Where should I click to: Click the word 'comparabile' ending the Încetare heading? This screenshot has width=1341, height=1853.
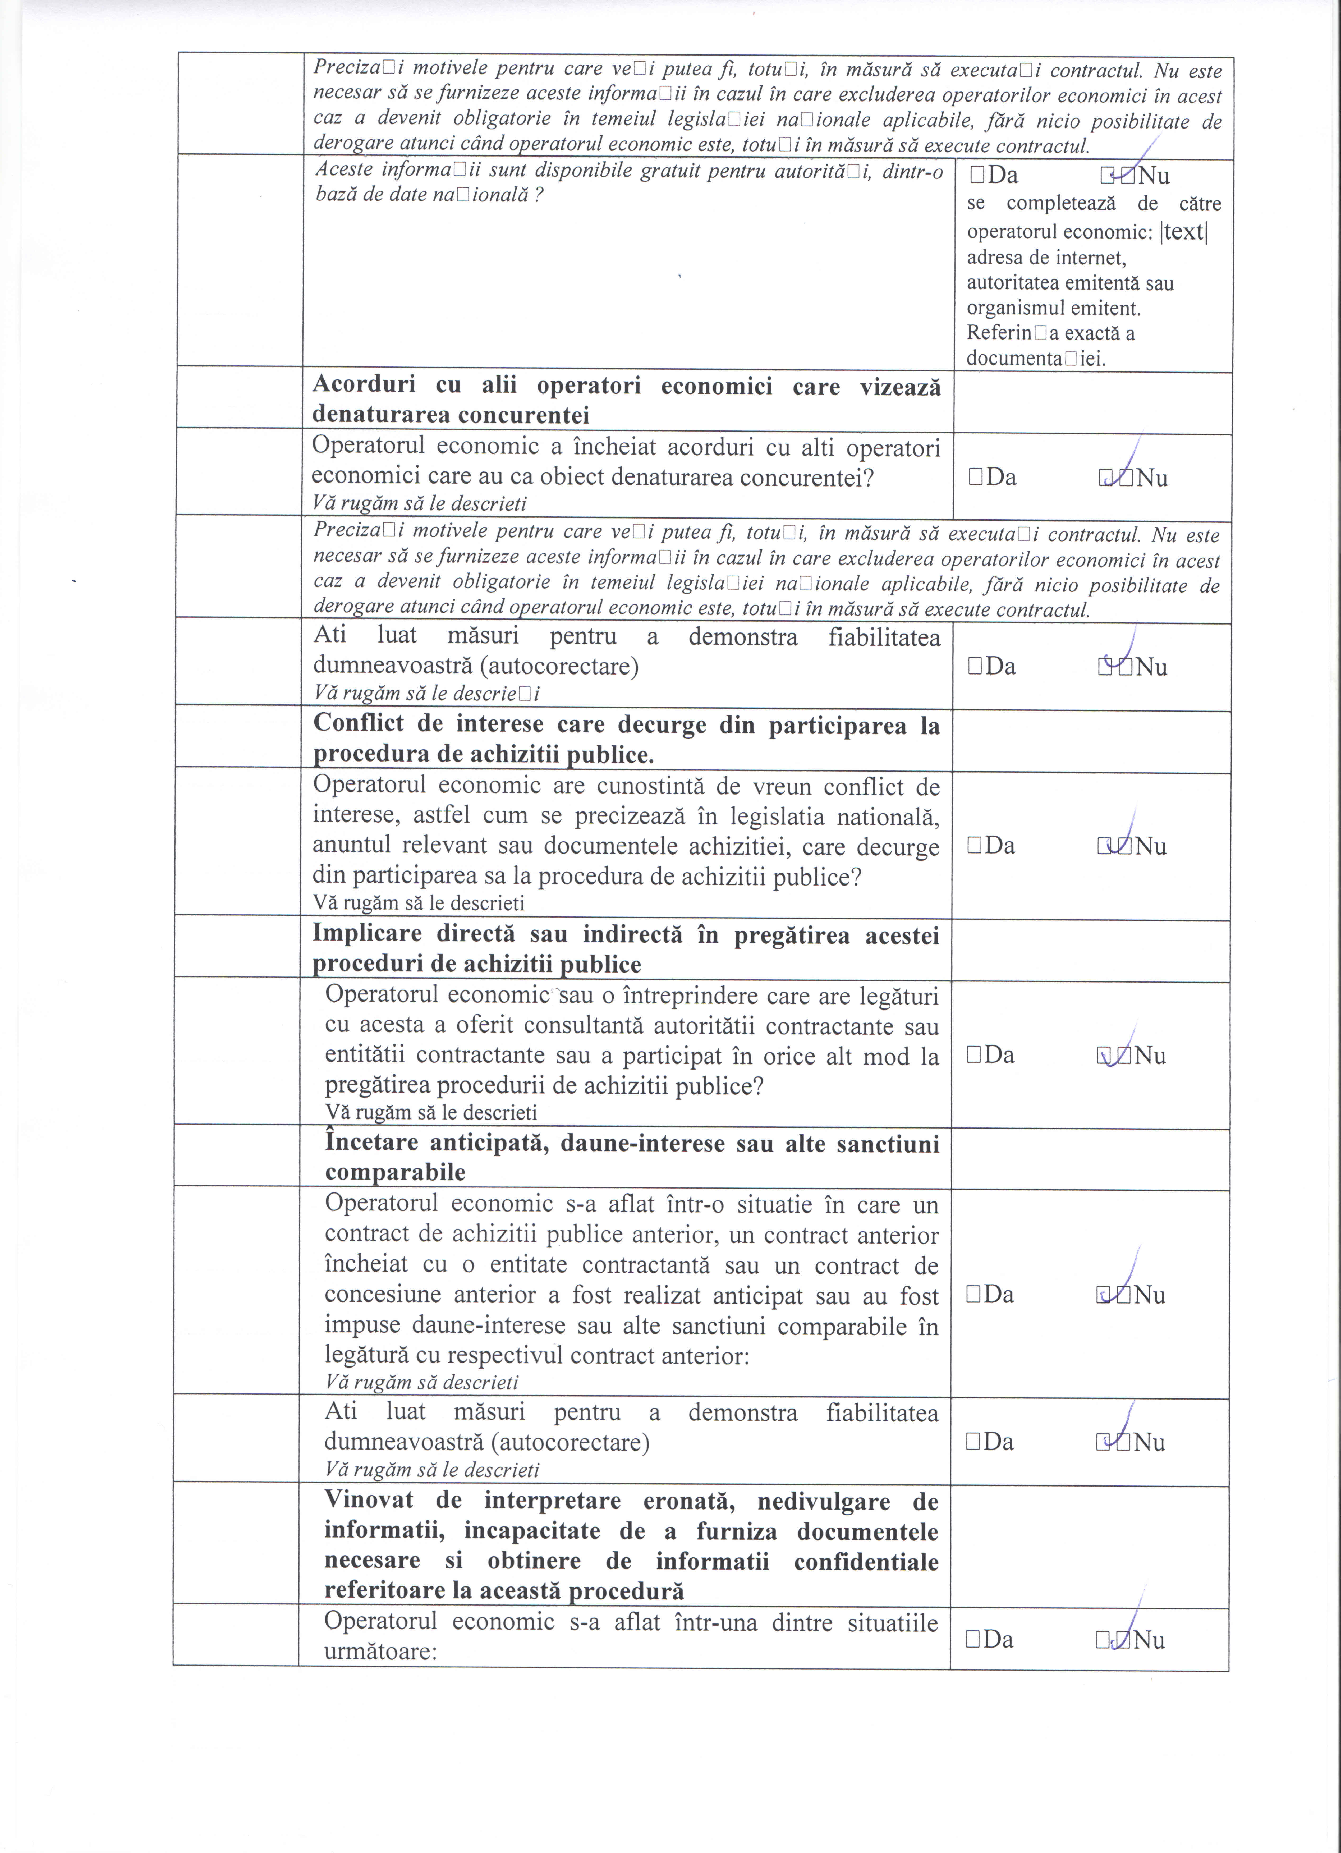[395, 1172]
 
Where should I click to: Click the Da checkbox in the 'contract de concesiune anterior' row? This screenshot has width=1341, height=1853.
[972, 1294]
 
